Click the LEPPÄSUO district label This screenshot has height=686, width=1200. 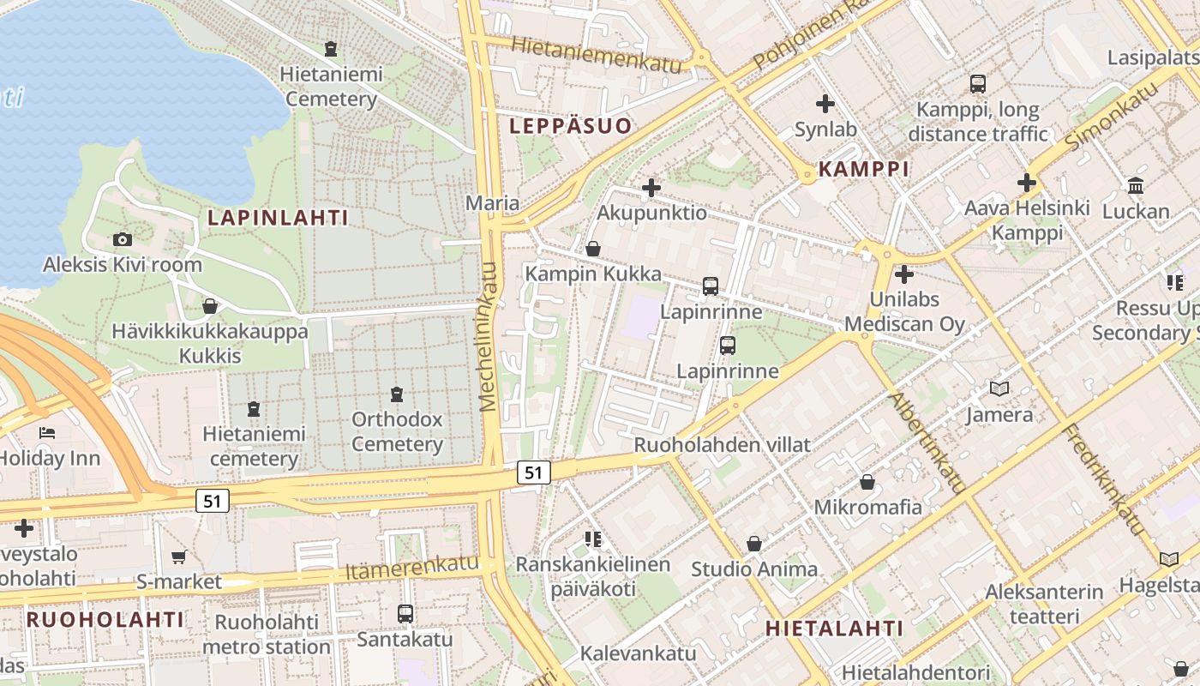coord(570,126)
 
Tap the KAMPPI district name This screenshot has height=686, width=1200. coord(863,169)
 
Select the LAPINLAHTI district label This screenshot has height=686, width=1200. coord(278,218)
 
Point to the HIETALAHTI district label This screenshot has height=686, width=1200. coord(834,629)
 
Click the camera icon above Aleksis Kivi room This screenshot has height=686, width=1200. coord(123,240)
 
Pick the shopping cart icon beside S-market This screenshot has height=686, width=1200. coord(179,557)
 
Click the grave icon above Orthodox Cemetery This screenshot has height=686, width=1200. coord(397,394)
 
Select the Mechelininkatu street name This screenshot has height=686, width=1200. coord(489,336)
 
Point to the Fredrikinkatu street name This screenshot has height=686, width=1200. coord(1105,479)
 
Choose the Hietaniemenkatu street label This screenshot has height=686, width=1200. coord(597,53)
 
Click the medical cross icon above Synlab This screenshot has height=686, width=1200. coord(825,105)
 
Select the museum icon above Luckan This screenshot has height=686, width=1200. coord(1136,186)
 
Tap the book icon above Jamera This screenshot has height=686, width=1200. coord(999,389)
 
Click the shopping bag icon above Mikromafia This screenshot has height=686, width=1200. coord(867,482)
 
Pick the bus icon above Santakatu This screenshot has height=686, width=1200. coord(405,614)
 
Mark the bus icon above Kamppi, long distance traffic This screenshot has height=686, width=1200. coord(977,84)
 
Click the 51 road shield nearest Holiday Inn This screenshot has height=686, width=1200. coord(212,501)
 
